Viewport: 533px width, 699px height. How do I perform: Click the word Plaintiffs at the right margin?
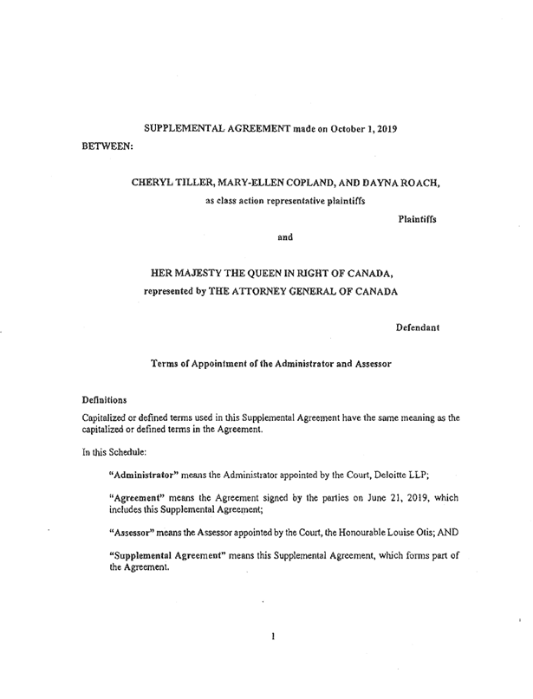(x=417, y=220)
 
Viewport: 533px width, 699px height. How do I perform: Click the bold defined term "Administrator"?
(x=142, y=476)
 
